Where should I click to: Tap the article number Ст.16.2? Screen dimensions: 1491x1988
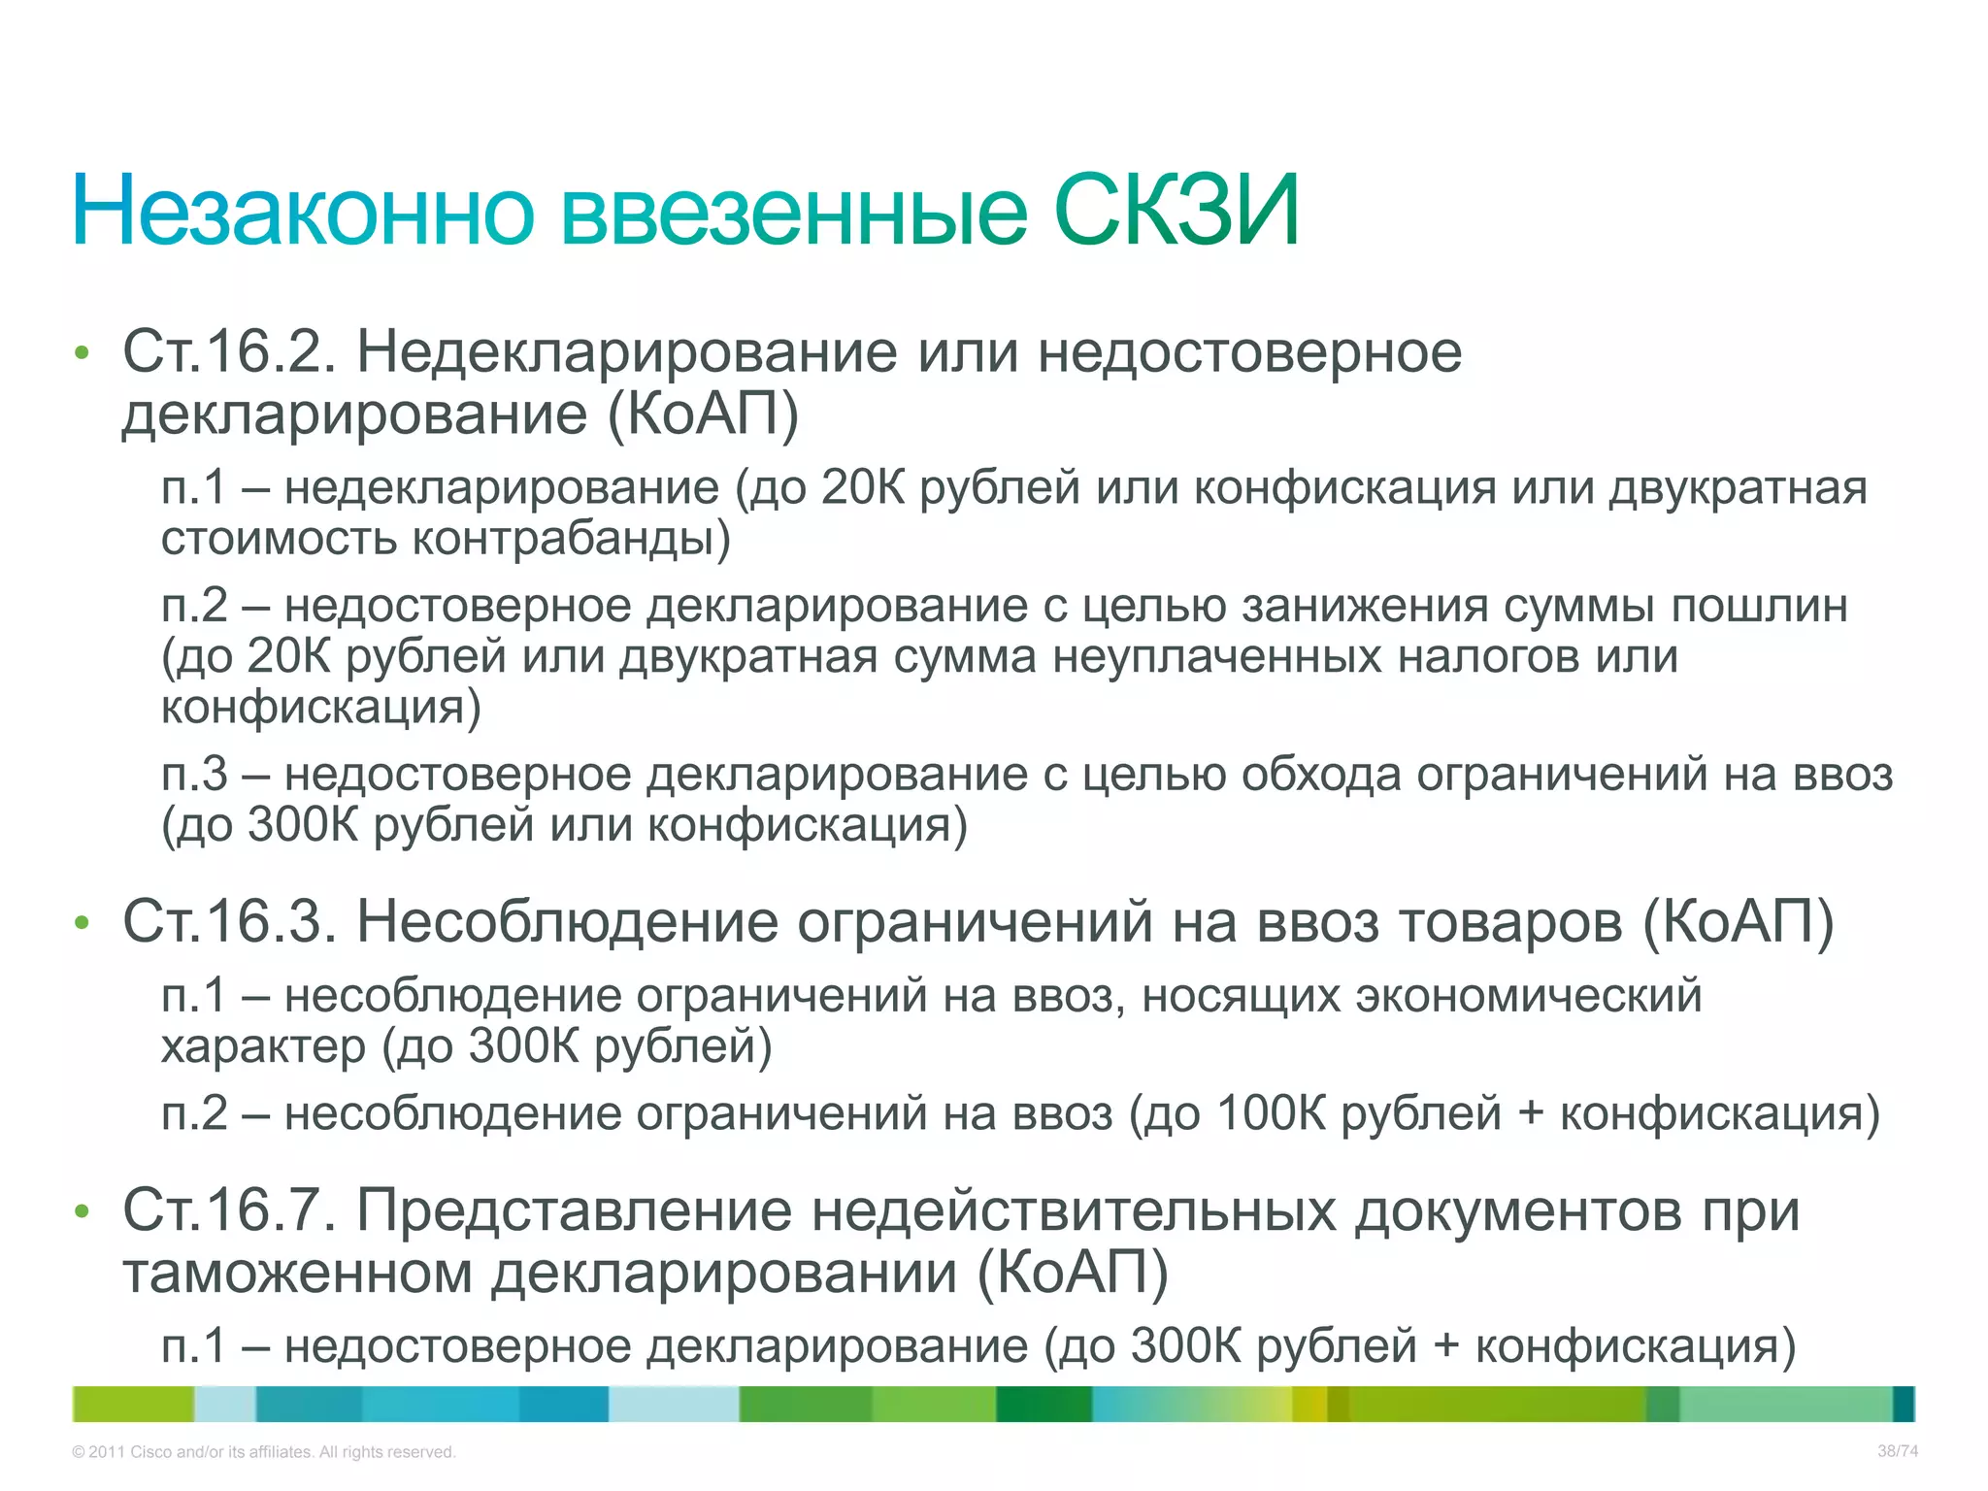click(229, 351)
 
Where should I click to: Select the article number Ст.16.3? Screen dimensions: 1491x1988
click(229, 920)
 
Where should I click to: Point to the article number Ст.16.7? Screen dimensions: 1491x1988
click(229, 1210)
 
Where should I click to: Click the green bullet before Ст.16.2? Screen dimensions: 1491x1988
click(82, 353)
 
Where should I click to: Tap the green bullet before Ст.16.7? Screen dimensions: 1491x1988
click(82, 1212)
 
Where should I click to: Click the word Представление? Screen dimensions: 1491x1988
click(574, 1211)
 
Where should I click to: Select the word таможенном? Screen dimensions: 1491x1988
click(297, 1273)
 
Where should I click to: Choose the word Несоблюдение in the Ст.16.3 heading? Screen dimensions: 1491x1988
click(567, 920)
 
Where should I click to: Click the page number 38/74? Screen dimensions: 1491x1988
click(1897, 1451)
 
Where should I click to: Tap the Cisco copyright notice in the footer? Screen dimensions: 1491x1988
click(263, 1452)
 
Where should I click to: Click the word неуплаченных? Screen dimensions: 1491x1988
click(1217, 657)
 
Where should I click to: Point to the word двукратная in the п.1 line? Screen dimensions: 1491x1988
click(1738, 488)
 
